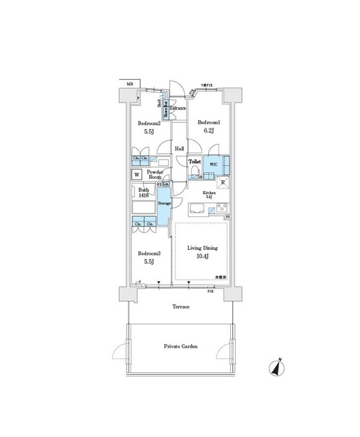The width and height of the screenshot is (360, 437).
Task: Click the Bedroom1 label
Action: click(209, 123)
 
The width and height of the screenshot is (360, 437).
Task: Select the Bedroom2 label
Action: click(149, 124)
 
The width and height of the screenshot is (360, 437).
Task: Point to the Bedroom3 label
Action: click(148, 251)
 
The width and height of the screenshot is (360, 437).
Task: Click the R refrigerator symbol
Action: click(223, 183)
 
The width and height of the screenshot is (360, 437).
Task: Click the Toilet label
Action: click(195, 163)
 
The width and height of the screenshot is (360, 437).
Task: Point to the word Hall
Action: click(179, 147)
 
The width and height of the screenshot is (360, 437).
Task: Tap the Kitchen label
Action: click(209, 193)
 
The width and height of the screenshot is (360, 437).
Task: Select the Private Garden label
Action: click(180, 347)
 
